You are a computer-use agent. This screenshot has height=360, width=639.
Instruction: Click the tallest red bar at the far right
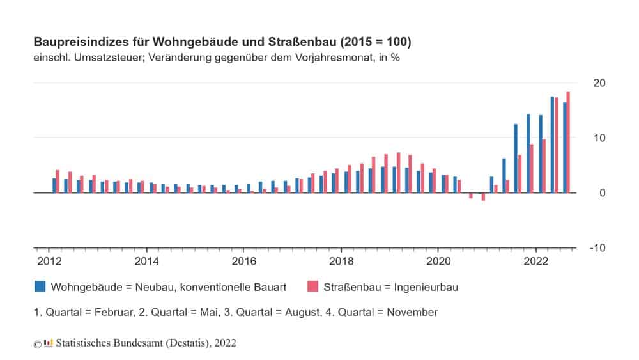(x=568, y=143)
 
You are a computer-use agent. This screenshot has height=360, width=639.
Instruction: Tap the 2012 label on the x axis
(x=49, y=261)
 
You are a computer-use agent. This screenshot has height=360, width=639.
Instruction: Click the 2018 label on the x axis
(x=341, y=261)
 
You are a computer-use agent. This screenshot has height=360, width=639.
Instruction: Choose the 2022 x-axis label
(x=535, y=261)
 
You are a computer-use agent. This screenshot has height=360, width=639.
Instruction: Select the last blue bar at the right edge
(x=564, y=148)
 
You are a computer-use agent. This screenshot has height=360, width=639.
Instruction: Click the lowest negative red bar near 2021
(x=484, y=197)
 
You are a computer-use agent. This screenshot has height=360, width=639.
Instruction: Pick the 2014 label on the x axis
(x=146, y=261)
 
